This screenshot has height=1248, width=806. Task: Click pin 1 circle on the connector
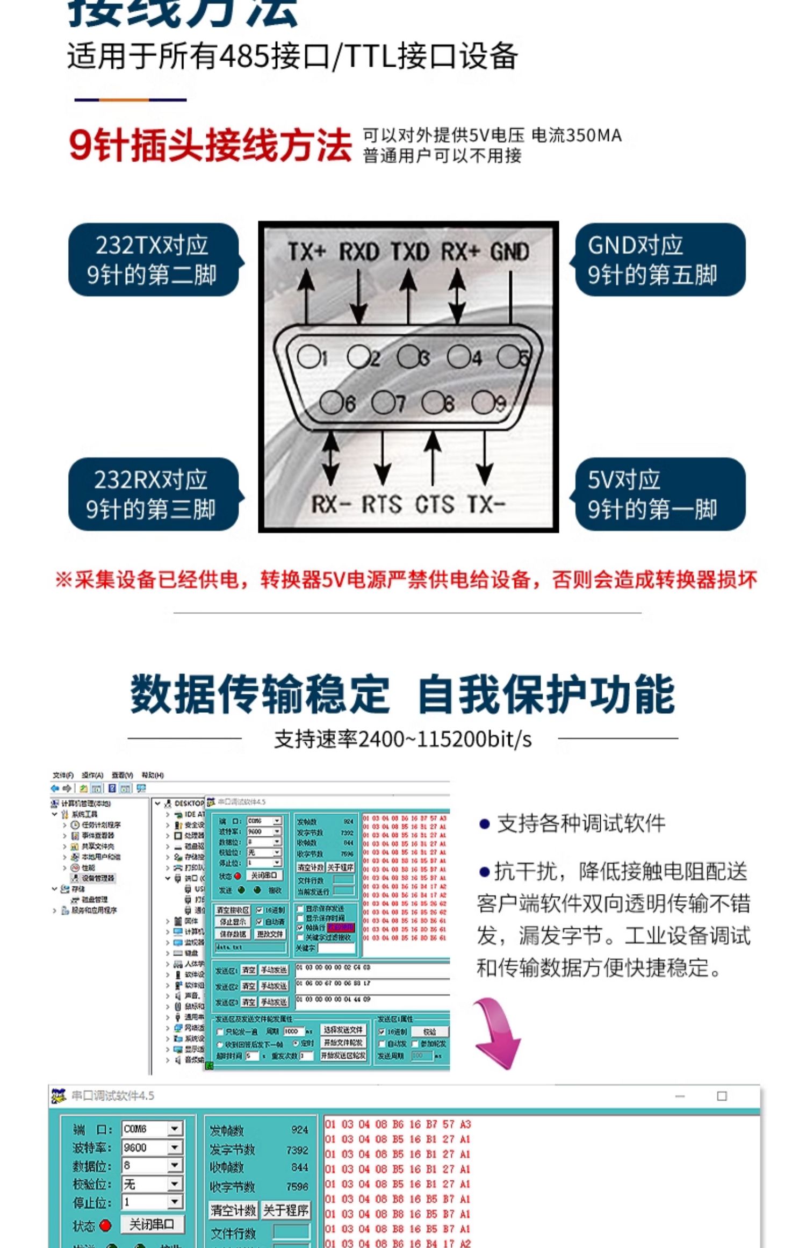click(x=308, y=356)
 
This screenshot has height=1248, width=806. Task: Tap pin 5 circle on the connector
click(x=508, y=356)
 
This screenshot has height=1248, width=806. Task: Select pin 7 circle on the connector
click(x=383, y=401)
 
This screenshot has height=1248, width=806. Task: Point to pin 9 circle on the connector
click(x=483, y=401)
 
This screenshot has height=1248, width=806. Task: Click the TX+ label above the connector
click(x=307, y=252)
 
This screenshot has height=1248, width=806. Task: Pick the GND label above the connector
click(x=509, y=252)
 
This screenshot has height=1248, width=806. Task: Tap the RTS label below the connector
click(x=382, y=504)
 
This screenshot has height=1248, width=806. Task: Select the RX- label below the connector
click(x=331, y=504)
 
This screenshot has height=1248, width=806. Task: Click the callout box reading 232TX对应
click(x=153, y=260)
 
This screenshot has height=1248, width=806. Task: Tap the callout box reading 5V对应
click(x=660, y=494)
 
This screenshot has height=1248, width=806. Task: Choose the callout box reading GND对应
click(x=660, y=260)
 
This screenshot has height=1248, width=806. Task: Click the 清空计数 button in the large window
click(x=233, y=1210)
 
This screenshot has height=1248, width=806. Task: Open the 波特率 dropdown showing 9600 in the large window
click(x=175, y=1147)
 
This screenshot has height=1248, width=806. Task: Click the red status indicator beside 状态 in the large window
click(x=105, y=1226)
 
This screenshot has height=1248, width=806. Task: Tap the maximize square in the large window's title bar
click(x=722, y=1096)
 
